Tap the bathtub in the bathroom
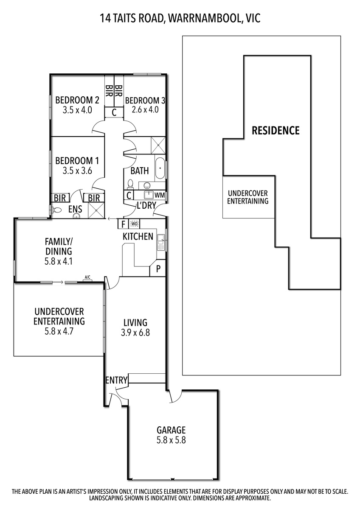point(160,168)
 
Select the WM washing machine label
point(159,195)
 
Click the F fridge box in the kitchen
point(123,224)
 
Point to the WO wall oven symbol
point(134,224)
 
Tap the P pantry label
point(158,269)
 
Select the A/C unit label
point(87,277)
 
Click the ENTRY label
point(116,380)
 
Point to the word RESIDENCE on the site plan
point(276,131)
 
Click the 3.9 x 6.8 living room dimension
point(135,333)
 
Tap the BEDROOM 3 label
point(145,101)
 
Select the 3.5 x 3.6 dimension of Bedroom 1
point(77,171)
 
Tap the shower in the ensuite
point(96,210)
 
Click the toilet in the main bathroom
point(130,184)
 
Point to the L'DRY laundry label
point(146,205)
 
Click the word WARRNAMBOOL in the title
point(205,18)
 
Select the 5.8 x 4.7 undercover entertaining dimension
point(59,332)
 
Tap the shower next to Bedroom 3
point(158,145)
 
